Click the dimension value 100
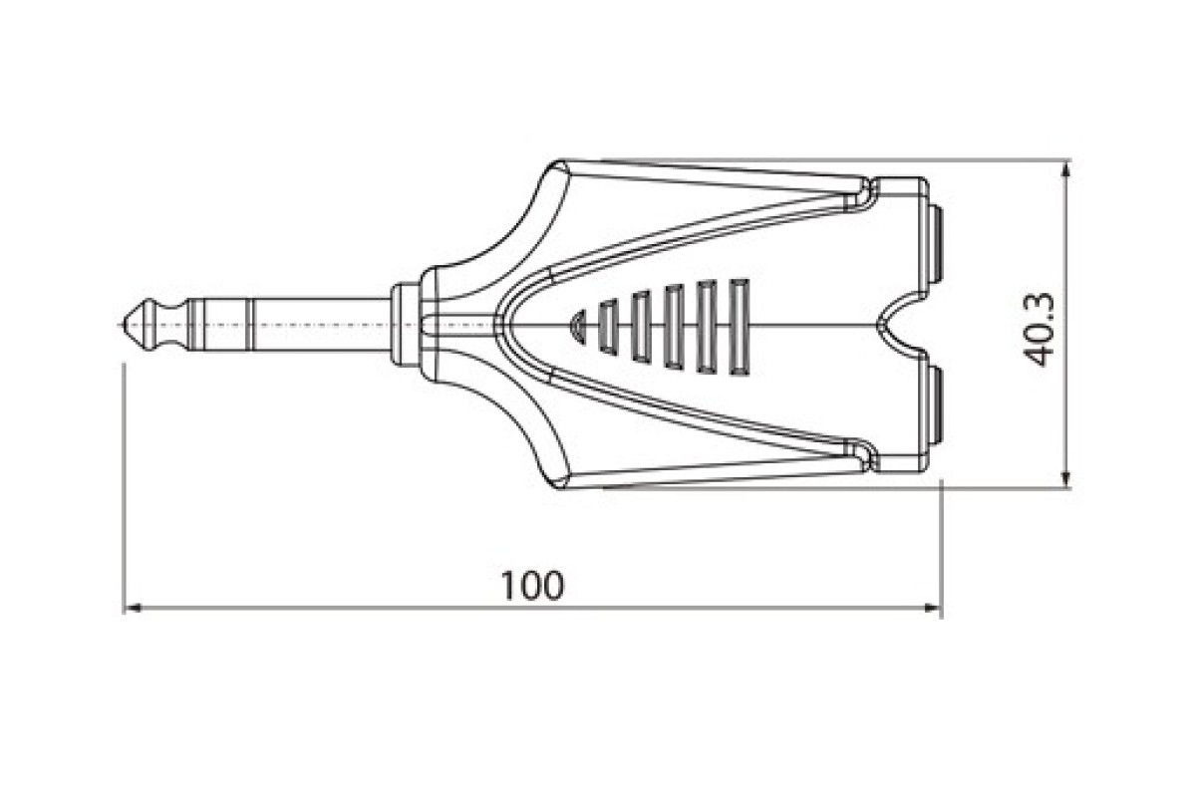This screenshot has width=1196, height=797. point(532,586)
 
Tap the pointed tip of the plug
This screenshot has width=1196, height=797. point(124,325)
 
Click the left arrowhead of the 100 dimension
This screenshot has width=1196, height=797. point(132,608)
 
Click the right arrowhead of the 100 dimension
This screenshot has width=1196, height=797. point(932,608)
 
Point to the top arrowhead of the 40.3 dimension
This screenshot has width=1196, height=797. point(1066,169)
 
